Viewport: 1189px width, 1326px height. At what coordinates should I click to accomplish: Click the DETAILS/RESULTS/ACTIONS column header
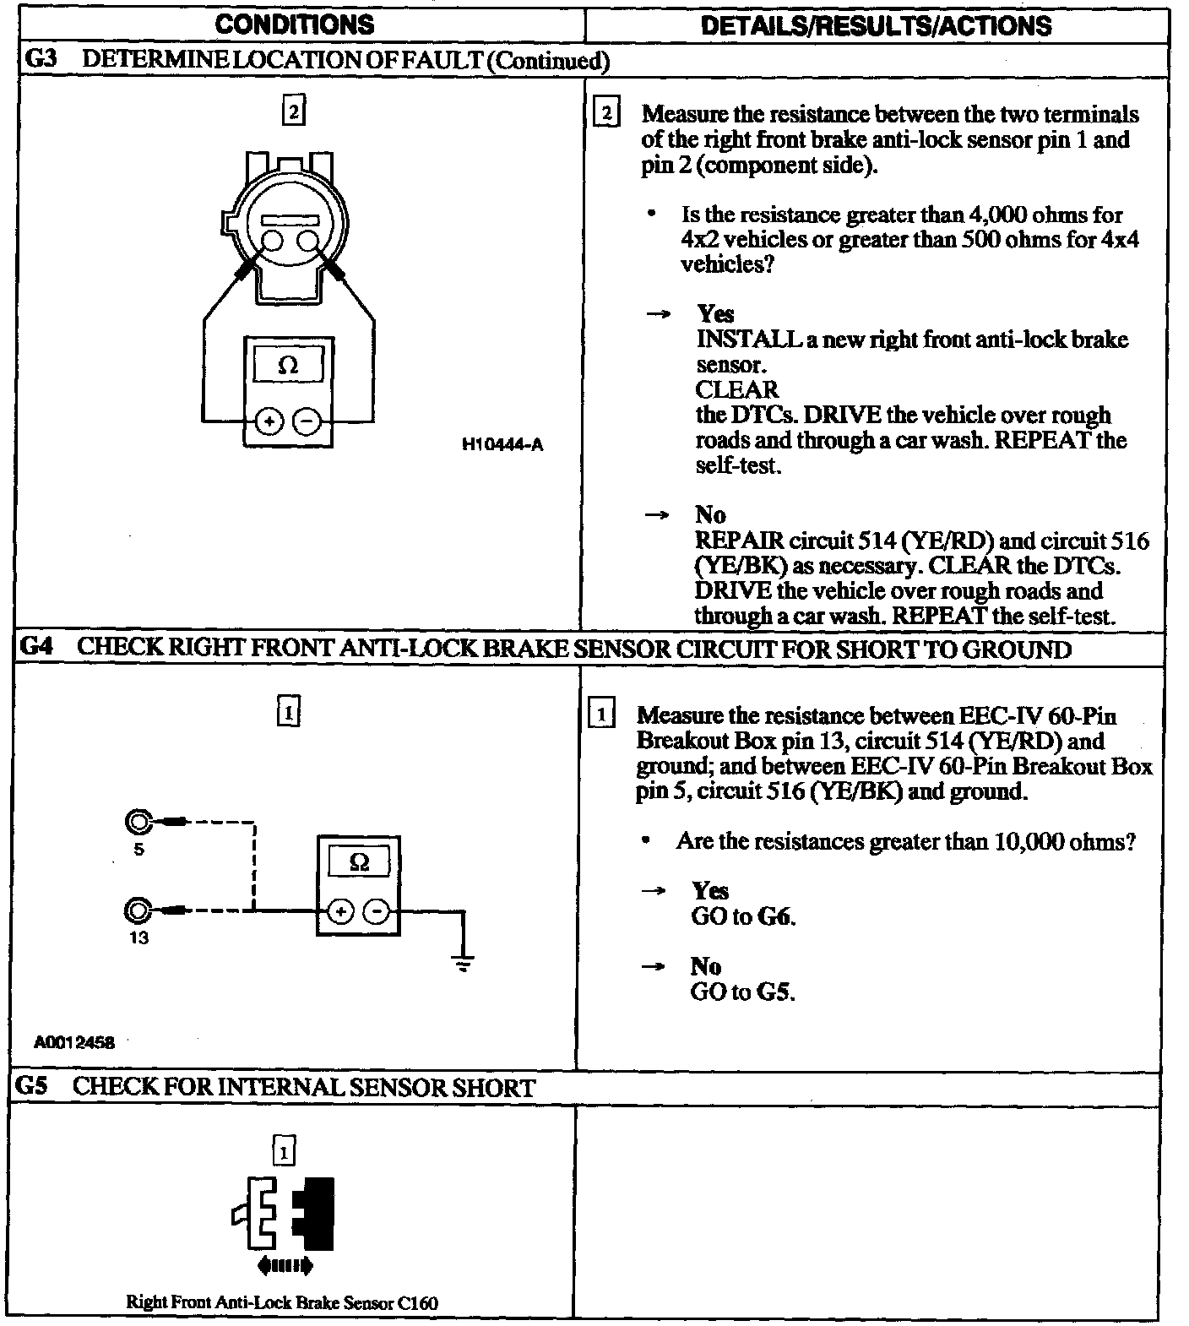[x=876, y=25]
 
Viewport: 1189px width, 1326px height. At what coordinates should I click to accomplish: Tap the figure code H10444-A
[x=502, y=445]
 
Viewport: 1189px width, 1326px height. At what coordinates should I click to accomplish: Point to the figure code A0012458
[x=74, y=1041]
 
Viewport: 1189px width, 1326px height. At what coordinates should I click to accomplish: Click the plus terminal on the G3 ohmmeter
[x=269, y=420]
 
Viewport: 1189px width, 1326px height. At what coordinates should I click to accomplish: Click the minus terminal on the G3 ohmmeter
[x=308, y=420]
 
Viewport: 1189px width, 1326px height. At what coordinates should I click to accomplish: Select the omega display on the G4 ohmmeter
[x=359, y=862]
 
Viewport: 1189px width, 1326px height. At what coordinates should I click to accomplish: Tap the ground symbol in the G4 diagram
[x=463, y=962]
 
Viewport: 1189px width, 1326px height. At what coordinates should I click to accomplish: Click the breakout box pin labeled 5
[x=138, y=821]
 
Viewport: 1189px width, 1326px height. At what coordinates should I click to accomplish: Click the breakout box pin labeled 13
[x=138, y=910]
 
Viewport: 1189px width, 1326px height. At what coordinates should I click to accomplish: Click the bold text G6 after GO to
[x=777, y=916]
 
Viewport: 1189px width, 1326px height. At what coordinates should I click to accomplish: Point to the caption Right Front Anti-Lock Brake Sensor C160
[x=282, y=1302]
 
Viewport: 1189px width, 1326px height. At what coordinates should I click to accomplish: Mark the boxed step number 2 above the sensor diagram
[x=292, y=111]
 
